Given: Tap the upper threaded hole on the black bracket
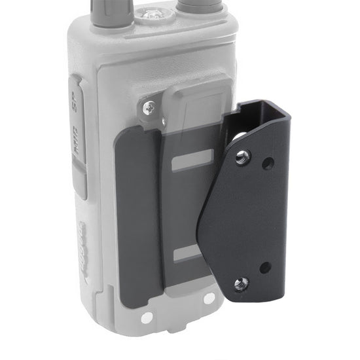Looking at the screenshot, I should (243, 155).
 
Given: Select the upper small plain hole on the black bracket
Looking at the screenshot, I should (267, 164).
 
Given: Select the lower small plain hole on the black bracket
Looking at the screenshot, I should (265, 268).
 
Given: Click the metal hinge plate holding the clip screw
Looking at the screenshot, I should (152, 111).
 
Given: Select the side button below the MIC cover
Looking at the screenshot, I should (80, 183).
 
